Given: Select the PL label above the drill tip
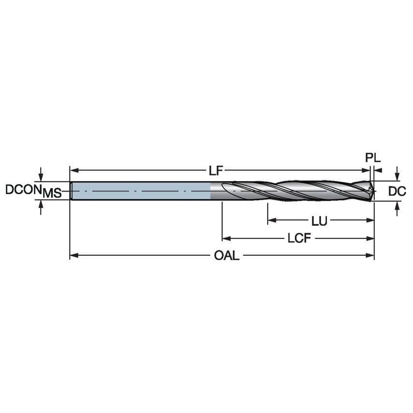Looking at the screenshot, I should [373, 158].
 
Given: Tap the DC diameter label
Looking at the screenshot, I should [397, 192].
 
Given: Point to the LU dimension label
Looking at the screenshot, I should [319, 221].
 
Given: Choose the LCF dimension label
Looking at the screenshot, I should [298, 238].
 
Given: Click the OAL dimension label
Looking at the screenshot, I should [226, 255].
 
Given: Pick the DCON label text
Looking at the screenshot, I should [22, 190].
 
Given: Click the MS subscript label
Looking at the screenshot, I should [52, 194].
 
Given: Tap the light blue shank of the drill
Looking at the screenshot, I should [140, 191].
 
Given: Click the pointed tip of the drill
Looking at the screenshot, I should [373, 192].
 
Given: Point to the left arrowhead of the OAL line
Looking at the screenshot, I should [73, 255].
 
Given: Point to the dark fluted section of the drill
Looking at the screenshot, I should [290, 191].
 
